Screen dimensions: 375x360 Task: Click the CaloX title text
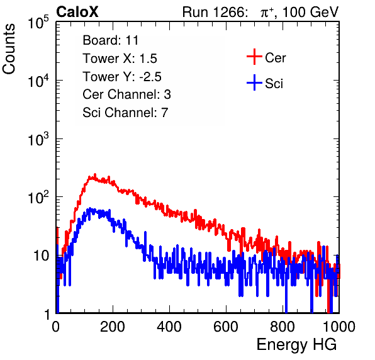77,12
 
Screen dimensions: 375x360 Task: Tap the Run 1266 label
215,12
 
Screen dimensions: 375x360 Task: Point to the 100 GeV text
310,12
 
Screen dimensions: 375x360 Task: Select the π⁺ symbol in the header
267,13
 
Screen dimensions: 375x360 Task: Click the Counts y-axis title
9,49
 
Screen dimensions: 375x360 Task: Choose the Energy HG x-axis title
296,345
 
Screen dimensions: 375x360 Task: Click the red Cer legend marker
254,57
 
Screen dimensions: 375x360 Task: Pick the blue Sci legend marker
254,83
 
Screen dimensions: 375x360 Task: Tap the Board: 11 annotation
111,40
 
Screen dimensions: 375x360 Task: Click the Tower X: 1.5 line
120,59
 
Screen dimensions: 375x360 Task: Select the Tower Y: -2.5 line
122,77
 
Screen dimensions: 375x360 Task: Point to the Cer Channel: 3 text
126,94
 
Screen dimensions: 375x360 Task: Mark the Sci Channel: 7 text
125,113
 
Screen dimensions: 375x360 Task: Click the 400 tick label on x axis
169,327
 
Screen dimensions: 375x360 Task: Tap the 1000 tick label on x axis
339,327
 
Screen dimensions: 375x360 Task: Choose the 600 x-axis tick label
226,327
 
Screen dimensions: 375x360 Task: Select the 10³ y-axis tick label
38,139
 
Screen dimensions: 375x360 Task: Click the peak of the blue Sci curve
90,208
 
